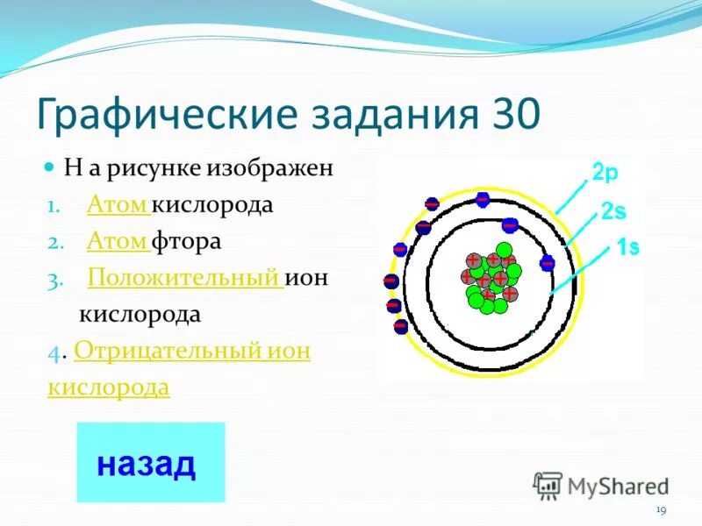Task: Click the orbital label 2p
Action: [x=605, y=174]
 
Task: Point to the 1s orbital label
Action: [x=627, y=248]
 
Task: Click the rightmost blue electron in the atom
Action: [x=548, y=262]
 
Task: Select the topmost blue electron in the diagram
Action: [x=482, y=199]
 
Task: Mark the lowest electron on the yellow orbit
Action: [x=400, y=324]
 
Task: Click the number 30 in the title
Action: [x=511, y=114]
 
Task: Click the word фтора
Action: [x=187, y=241]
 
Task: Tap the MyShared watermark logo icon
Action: [x=548, y=486]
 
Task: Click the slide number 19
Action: [x=661, y=511]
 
